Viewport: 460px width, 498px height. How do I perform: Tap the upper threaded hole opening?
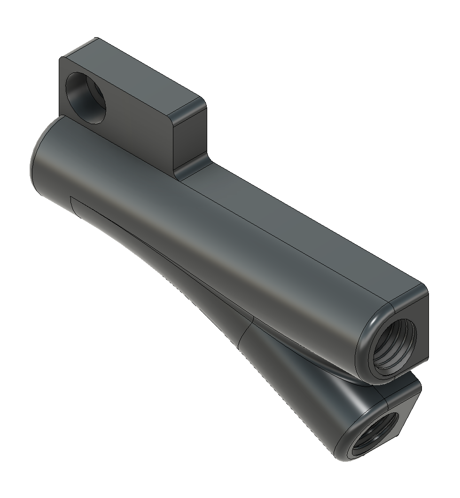[393, 348]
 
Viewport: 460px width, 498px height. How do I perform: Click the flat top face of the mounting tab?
[136, 75]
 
